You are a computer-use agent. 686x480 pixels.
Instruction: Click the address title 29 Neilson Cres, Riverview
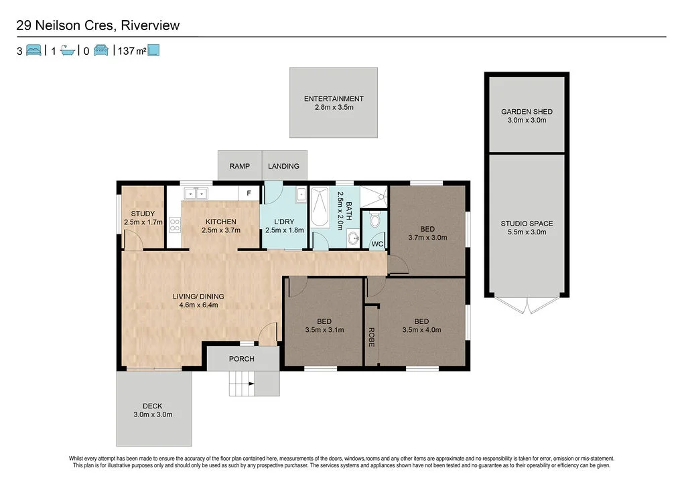[x=98, y=26]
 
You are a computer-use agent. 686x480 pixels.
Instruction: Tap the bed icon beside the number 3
[x=34, y=50]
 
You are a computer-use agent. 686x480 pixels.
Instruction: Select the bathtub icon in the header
[x=68, y=50]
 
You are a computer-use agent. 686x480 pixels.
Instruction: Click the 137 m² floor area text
[x=132, y=50]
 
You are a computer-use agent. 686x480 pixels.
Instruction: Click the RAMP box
[x=239, y=166]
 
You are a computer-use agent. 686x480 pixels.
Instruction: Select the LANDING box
[x=283, y=166]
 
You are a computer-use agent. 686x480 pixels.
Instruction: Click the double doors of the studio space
[x=527, y=305]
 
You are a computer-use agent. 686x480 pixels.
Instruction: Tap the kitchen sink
[x=196, y=193]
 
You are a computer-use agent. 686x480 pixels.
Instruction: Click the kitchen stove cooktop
[x=176, y=225]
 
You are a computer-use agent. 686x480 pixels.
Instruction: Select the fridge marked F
[x=249, y=193]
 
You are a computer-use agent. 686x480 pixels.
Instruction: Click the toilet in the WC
[x=375, y=220]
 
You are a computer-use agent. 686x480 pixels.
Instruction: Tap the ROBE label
[x=371, y=336]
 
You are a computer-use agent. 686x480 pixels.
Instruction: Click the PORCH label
[x=242, y=359]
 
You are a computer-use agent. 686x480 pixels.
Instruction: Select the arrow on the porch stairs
[x=251, y=384]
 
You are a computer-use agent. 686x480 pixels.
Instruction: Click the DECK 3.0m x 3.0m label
[x=152, y=410]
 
